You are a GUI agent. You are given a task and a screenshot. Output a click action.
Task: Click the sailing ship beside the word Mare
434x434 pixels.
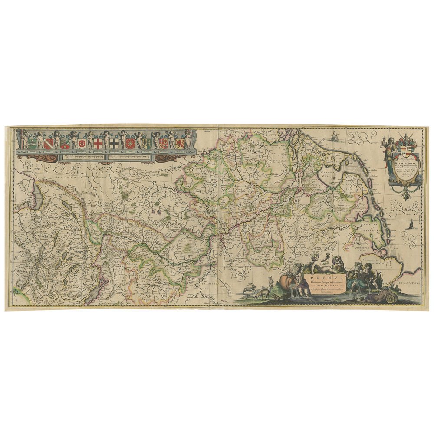335,138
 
